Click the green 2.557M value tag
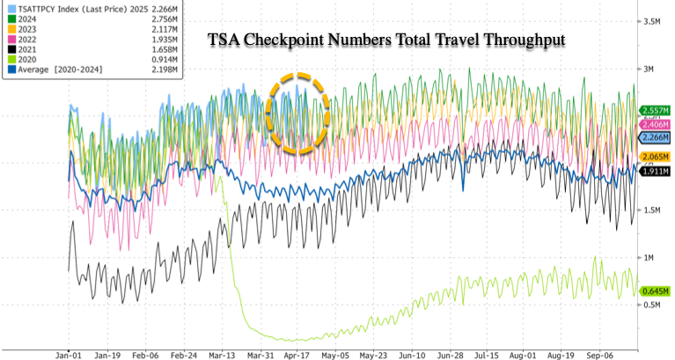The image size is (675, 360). pos(654,111)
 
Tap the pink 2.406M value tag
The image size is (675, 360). pos(654,125)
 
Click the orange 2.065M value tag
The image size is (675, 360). pos(654,155)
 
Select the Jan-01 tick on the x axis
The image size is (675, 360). pos(70,350)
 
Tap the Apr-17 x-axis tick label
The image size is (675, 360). pos(297,350)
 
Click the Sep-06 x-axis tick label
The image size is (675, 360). pos(602,350)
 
